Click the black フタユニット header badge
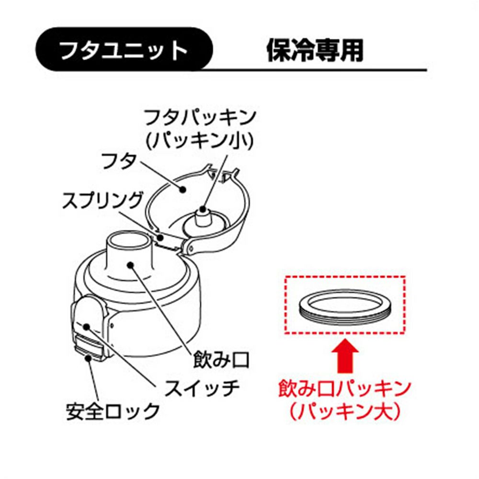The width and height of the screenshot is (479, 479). [x=124, y=49]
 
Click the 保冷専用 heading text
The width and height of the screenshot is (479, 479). [x=315, y=51]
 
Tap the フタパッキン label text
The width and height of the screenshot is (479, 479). [x=200, y=118]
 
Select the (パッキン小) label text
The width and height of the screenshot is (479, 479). [x=200, y=141]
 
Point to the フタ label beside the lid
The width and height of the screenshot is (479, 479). [x=118, y=161]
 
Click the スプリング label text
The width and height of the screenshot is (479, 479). [x=103, y=201]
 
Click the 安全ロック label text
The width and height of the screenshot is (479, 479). [x=113, y=411]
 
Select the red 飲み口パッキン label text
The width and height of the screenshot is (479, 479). [x=344, y=388]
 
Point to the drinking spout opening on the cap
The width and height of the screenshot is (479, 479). [x=129, y=239]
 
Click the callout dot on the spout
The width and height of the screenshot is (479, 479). [x=131, y=264]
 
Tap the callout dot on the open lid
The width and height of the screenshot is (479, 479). [x=182, y=189]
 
